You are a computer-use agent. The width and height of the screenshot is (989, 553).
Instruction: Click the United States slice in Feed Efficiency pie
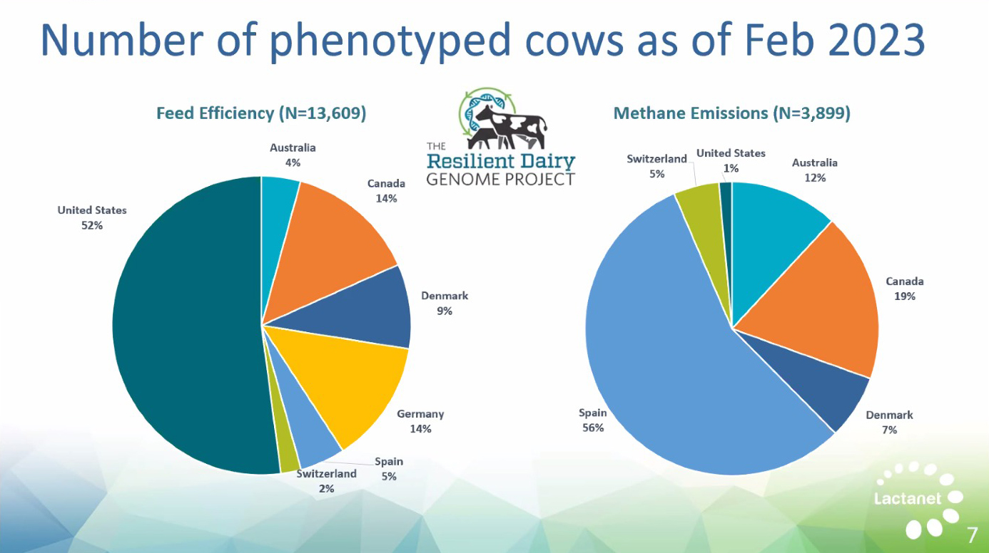[x=186, y=326]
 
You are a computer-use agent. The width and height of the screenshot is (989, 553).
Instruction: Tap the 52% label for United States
[x=92, y=225]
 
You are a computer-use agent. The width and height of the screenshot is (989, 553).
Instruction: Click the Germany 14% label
[x=420, y=421]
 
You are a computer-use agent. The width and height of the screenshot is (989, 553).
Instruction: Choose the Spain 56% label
[x=592, y=420]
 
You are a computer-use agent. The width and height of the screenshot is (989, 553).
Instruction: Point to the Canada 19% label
[x=905, y=289]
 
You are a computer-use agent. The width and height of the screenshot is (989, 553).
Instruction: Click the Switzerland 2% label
[x=326, y=481]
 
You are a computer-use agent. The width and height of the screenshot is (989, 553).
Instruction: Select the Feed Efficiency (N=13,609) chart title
[x=261, y=113]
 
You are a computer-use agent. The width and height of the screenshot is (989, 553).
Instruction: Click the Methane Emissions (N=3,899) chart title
[x=732, y=113]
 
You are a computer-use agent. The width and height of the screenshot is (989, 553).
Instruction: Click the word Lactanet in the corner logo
[x=908, y=499]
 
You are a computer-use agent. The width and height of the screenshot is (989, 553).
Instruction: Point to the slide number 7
[x=972, y=535]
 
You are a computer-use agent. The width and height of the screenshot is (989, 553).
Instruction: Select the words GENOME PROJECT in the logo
[x=501, y=180]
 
